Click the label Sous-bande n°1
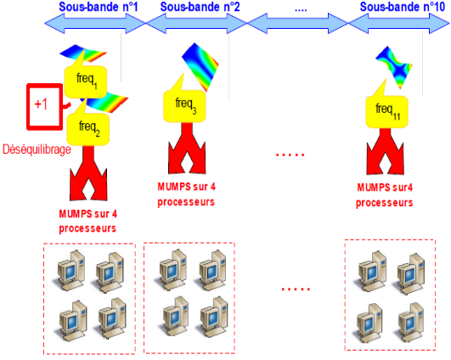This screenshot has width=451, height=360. [99, 7]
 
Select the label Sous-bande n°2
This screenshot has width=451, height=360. [200, 7]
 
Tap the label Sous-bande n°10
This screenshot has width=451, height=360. [403, 7]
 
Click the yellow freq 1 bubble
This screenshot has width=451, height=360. [86, 82]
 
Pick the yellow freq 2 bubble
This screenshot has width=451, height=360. [88, 129]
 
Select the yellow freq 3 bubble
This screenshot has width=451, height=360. [184, 106]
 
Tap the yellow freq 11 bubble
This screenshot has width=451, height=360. [386, 111]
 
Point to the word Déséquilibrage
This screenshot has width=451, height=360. [37, 149]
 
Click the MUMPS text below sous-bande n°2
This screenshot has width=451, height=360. [186, 194]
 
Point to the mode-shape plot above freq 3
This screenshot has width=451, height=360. [200, 66]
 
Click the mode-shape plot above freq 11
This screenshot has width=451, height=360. [394, 67]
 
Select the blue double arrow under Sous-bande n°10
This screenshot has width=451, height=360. [399, 23]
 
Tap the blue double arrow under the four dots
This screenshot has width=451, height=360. [298, 23]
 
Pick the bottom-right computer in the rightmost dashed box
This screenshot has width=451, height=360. [411, 322]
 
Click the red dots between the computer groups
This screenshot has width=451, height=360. [296, 289]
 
